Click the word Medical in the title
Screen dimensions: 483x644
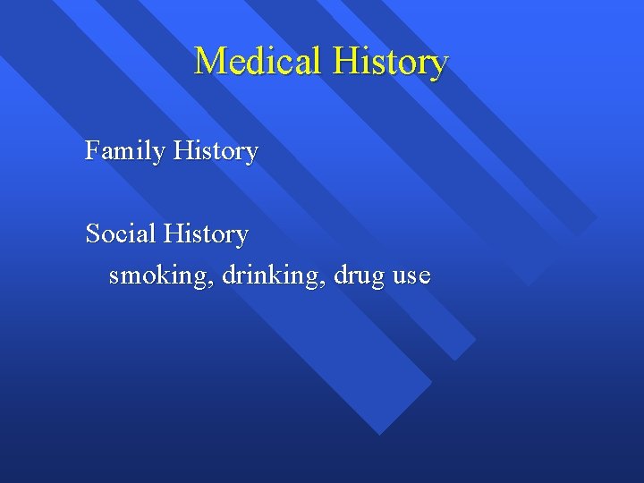259,62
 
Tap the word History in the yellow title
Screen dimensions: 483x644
390,62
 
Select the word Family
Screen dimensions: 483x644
125,152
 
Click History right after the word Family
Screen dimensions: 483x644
216,151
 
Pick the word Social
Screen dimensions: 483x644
120,233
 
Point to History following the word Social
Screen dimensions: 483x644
206,234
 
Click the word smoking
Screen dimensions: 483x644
161,276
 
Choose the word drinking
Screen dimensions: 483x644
273,275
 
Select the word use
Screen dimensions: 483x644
411,276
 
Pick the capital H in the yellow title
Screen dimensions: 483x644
345,62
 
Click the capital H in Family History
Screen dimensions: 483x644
182,150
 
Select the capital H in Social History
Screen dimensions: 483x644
173,233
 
